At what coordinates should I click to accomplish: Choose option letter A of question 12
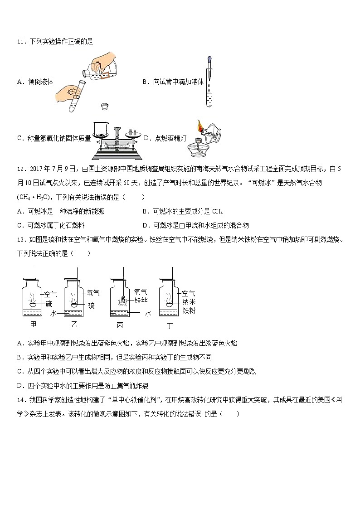coord(19,211)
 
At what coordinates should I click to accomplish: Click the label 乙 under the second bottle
coord(75,325)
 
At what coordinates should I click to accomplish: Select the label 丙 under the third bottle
coord(120,325)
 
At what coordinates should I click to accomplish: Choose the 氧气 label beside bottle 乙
coord(93,293)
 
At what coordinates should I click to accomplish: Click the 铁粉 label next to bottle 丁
coord(188,310)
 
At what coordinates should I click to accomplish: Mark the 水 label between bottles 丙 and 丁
coord(147,313)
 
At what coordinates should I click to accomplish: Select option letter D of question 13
coord(19,386)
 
